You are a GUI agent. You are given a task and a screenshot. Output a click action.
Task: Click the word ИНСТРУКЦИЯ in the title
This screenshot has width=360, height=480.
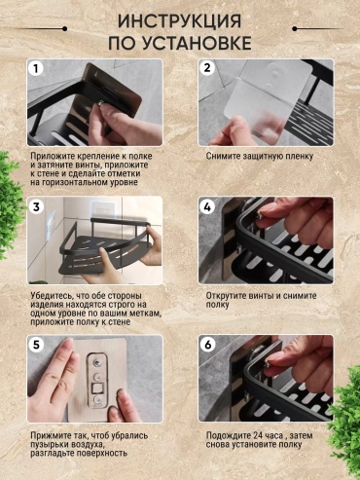click(179, 21)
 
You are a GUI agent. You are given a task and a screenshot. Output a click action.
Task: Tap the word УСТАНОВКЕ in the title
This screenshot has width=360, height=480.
click(198, 43)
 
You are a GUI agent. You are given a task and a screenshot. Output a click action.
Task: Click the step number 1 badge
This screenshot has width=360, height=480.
click(36, 68)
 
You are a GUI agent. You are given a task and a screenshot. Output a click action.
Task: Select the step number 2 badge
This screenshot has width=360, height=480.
click(207, 68)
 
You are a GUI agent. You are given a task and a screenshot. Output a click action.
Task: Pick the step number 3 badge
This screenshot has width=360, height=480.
click(36, 206)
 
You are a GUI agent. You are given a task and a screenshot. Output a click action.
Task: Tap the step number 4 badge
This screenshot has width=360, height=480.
click(207, 206)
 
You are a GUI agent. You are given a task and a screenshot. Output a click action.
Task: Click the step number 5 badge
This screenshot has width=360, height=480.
click(36, 345)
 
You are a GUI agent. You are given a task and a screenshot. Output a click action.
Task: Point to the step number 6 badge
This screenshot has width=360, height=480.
click(207, 345)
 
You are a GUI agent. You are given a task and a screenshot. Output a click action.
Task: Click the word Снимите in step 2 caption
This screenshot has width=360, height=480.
click(223, 156)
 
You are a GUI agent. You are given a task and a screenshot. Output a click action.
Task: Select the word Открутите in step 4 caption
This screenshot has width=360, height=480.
click(226, 296)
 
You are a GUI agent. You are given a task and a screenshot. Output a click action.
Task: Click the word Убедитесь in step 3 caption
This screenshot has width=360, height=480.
click(50, 296)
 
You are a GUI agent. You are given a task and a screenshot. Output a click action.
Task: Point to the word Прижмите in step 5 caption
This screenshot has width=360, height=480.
click(49, 436)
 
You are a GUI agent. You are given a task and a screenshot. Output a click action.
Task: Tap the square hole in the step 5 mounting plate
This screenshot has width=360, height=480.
click(97, 388)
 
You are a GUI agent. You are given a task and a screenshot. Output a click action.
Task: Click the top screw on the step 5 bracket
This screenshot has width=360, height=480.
click(96, 362)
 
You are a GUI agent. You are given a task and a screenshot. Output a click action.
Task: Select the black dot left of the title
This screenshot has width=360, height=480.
click(64, 29)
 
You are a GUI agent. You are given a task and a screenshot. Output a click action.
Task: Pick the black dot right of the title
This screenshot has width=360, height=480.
click(295, 29)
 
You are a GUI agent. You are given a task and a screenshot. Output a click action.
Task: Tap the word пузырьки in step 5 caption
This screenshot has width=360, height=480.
click(49, 445)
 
